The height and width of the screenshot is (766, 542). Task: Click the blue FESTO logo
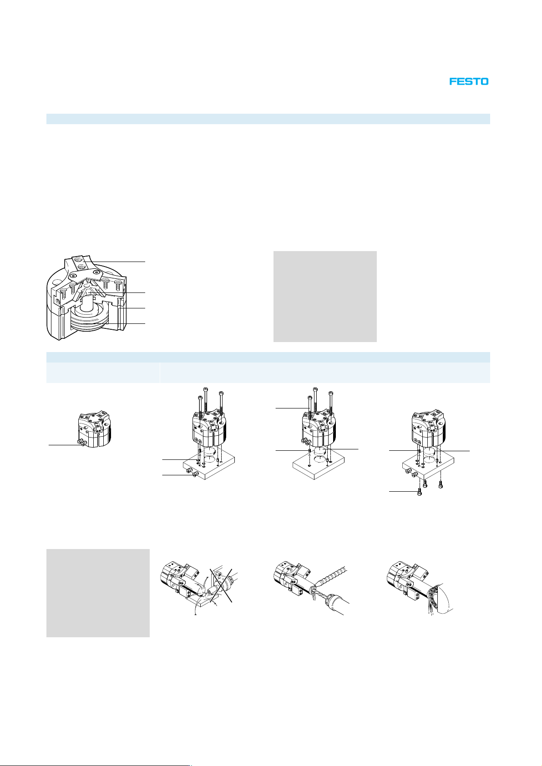(469, 81)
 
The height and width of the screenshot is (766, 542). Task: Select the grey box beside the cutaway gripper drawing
(325, 297)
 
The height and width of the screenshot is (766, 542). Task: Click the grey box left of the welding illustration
(98, 593)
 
